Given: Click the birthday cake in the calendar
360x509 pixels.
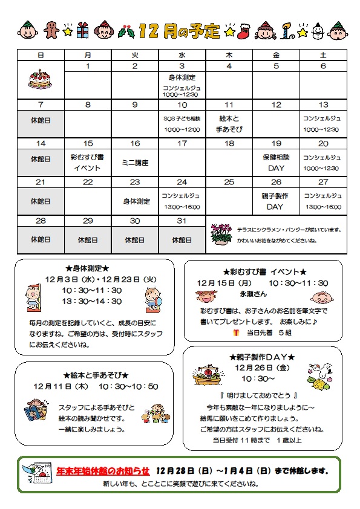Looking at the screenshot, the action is [x=40, y=79].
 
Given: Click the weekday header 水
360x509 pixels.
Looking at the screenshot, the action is [x=182, y=55].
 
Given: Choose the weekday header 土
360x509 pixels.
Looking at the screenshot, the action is [x=323, y=55].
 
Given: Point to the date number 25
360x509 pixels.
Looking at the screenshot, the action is [x=229, y=182].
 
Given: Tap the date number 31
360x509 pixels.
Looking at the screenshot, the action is [x=182, y=221].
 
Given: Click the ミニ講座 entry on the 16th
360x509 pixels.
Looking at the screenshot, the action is [x=135, y=163].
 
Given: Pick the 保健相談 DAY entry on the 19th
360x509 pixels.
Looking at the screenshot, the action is [x=276, y=163].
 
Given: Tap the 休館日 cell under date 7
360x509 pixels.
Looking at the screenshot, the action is [x=41, y=120].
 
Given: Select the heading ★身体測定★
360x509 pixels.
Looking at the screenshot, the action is [x=87, y=268].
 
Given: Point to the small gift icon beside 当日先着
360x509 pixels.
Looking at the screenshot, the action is [x=235, y=333].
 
